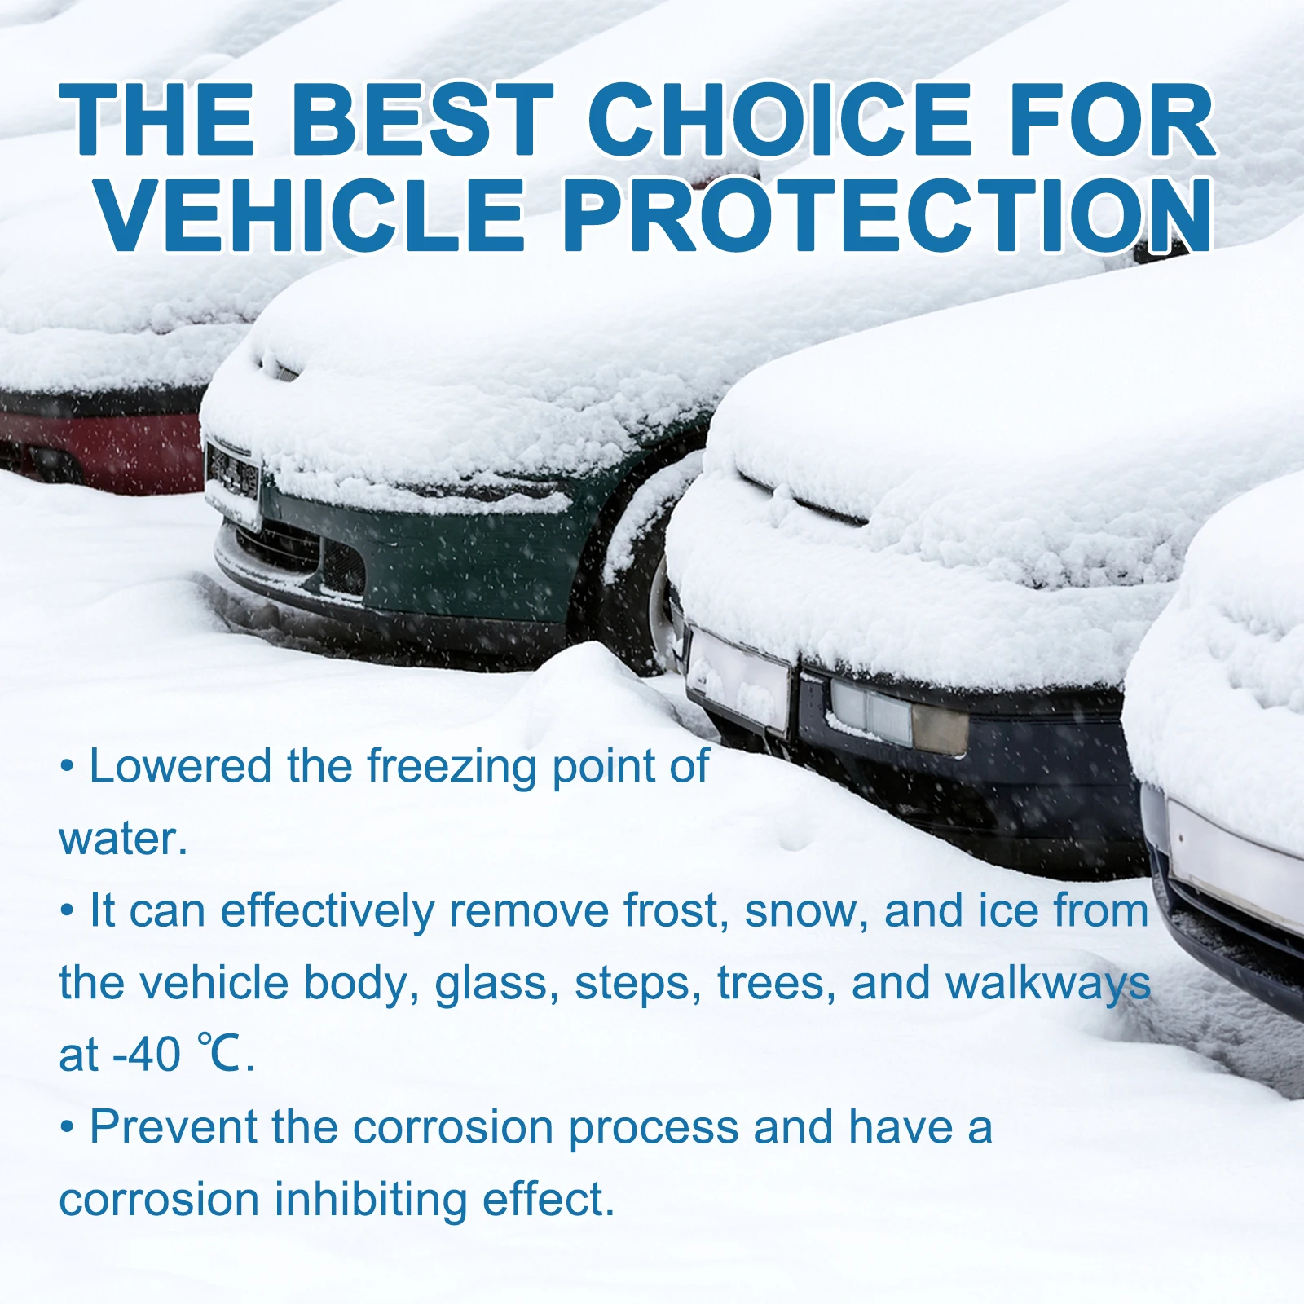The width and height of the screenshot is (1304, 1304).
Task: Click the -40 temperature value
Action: click(147, 1055)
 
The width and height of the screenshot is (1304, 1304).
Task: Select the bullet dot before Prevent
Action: click(68, 1129)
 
